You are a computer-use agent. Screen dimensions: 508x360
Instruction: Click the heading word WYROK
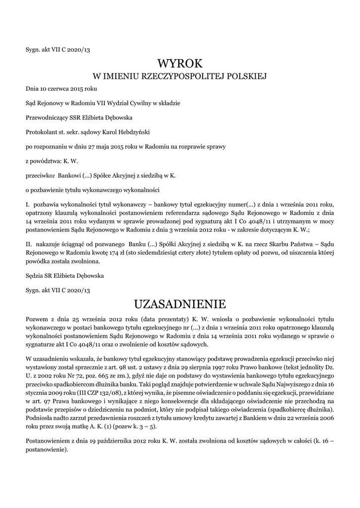click(180, 63)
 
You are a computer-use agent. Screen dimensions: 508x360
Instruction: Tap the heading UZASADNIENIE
click(180, 303)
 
